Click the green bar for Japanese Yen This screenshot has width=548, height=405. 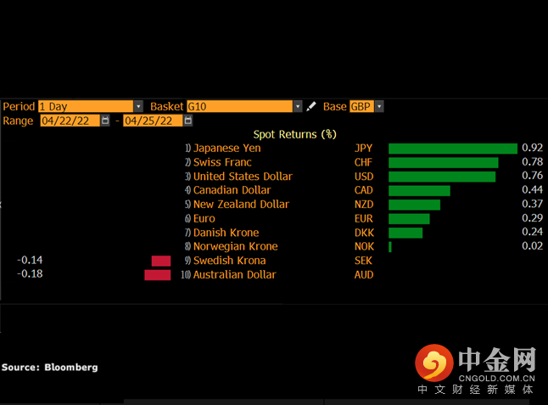coord(452,149)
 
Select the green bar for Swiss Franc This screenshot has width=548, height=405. coord(443,162)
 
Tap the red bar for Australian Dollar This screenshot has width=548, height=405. coord(158,275)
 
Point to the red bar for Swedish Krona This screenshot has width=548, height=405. coord(161,261)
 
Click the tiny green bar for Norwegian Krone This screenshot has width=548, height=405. coord(390,247)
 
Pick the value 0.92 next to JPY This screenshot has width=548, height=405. coord(532,149)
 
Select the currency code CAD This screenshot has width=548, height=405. coord(363,190)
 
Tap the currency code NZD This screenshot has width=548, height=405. coord(363,205)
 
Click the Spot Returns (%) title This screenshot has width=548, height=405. coord(294,134)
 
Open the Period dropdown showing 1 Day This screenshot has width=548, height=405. coord(90,106)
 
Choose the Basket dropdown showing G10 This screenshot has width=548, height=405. coord(244,106)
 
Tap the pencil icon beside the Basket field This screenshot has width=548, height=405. coord(310,106)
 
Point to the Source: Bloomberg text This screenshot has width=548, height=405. coord(49,368)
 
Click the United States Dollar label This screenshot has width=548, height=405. coord(243,177)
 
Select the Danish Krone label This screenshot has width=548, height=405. coord(226,233)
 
